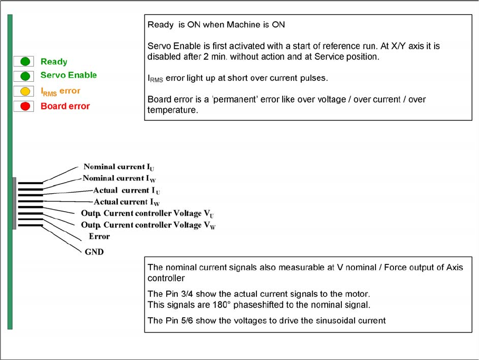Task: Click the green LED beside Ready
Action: click(x=25, y=62)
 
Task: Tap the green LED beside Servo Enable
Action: click(x=25, y=75)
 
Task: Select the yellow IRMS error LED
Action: click(x=25, y=91)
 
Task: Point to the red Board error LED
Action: click(x=25, y=106)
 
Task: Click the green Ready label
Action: click(x=54, y=62)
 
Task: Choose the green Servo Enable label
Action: click(x=69, y=75)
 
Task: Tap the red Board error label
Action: click(x=65, y=106)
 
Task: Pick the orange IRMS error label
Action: click(x=60, y=91)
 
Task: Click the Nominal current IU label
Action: click(x=119, y=167)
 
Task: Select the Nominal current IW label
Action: click(x=119, y=178)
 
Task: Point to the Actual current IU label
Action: click(x=126, y=191)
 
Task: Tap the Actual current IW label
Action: click(x=127, y=202)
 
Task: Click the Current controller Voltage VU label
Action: click(x=147, y=214)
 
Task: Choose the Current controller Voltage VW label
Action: click(x=148, y=225)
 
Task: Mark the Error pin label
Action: click(x=99, y=236)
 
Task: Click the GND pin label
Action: click(x=94, y=252)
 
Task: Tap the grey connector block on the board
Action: click(x=14, y=203)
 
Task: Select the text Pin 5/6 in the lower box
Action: click(x=179, y=320)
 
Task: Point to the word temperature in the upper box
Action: click(x=173, y=111)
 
